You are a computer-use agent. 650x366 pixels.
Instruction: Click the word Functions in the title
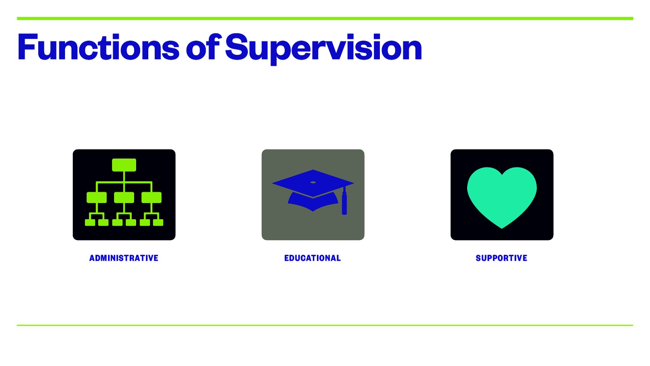click(x=98, y=48)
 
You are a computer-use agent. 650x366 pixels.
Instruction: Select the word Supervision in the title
click(x=323, y=48)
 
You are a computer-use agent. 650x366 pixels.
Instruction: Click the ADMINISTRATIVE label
click(x=124, y=258)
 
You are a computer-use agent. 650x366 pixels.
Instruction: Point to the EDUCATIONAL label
click(x=312, y=258)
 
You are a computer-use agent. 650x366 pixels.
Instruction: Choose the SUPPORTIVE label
click(x=501, y=258)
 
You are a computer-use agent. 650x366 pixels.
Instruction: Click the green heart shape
click(x=502, y=195)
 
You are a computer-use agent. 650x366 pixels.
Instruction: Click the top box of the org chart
click(x=124, y=165)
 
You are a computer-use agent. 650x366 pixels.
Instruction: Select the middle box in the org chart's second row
click(x=124, y=198)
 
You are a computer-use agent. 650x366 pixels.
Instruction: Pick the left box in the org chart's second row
click(x=97, y=198)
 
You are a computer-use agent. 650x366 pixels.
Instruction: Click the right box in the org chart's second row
click(x=151, y=198)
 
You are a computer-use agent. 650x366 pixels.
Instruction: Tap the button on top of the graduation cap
click(x=313, y=182)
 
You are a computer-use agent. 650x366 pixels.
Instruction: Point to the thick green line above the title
click(x=325, y=18)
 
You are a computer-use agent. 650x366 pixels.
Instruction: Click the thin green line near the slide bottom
click(x=325, y=325)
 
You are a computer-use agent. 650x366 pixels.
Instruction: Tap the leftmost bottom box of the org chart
click(x=90, y=222)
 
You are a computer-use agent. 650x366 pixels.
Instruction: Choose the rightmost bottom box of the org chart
click(x=158, y=222)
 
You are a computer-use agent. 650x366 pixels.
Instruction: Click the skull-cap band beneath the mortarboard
click(x=313, y=203)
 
